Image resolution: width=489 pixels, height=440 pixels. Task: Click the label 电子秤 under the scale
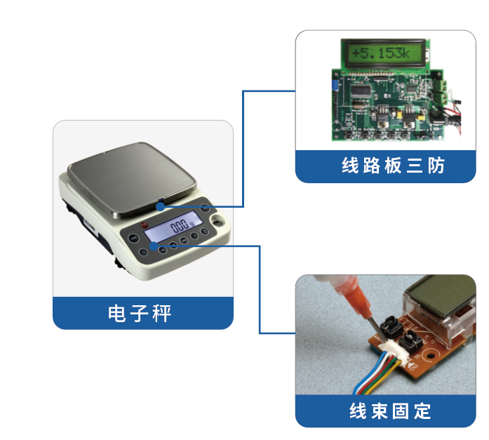tap(142, 313)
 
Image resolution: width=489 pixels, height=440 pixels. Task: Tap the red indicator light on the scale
tap(145, 225)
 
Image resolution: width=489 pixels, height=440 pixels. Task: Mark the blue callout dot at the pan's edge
tap(161, 206)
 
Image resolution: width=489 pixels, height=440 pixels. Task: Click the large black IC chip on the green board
tap(363, 93)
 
